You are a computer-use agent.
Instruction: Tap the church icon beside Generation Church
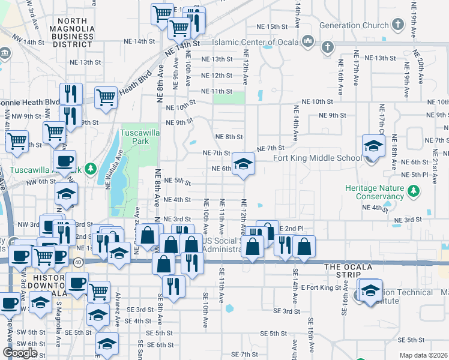point(397,25)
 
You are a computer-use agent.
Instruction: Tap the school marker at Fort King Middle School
point(373,146)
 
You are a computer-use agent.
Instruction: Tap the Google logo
point(20,353)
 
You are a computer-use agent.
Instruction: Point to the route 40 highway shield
point(79,262)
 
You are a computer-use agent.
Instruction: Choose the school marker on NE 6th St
point(243,164)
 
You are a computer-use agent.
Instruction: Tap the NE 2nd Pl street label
point(292,229)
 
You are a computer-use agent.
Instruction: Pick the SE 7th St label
point(240,355)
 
